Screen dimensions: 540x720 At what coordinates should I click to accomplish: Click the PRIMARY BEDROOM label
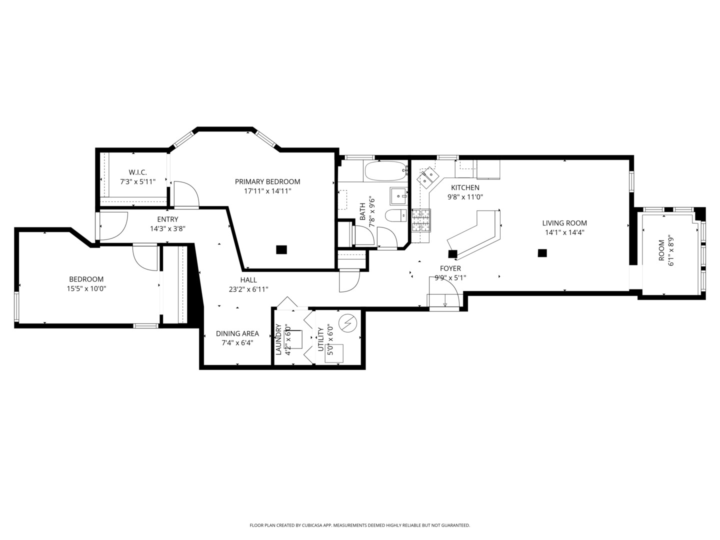click(x=267, y=181)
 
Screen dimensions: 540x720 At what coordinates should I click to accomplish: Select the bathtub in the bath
click(x=384, y=171)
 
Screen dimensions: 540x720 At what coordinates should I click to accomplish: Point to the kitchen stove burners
click(x=421, y=220)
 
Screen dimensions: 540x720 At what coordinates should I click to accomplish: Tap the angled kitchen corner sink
click(x=428, y=176)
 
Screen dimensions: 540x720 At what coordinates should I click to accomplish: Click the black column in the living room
click(x=542, y=253)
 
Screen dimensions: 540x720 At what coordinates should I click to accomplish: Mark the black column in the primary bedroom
click(x=281, y=249)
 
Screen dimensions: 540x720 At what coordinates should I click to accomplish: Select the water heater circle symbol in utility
click(x=346, y=323)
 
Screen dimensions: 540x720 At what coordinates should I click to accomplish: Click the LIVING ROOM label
click(x=564, y=223)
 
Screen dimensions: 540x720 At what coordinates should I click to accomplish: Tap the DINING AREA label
click(x=237, y=333)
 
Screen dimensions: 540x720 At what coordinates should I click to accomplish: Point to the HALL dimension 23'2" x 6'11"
click(x=248, y=289)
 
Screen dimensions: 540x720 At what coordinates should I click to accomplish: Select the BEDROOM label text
click(x=86, y=279)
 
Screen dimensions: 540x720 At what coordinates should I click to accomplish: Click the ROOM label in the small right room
click(x=661, y=250)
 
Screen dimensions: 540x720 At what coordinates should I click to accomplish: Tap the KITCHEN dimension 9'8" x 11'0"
click(x=465, y=197)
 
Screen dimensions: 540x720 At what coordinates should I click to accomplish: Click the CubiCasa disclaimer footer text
click(x=359, y=525)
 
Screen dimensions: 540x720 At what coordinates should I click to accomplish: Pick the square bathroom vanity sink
click(x=399, y=196)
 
